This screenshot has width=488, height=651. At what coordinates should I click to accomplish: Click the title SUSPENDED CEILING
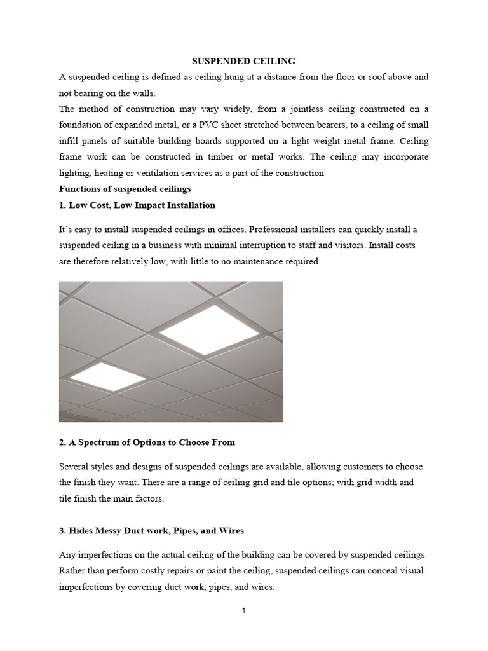(x=244, y=61)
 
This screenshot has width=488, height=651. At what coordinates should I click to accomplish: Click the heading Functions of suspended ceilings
(x=125, y=189)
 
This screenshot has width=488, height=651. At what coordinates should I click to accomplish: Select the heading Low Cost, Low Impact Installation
(x=137, y=205)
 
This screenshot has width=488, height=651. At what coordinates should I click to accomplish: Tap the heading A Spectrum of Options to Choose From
(x=147, y=442)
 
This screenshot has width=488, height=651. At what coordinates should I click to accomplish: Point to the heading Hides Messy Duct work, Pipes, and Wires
(x=151, y=530)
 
